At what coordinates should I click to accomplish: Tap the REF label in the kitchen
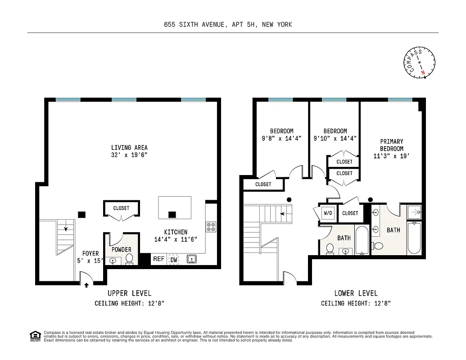(158, 259)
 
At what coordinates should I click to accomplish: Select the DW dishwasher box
(174, 260)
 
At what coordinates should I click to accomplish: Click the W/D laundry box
(327, 213)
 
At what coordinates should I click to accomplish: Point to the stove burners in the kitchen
(211, 226)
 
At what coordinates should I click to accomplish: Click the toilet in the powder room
(129, 258)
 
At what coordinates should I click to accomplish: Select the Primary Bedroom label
(391, 145)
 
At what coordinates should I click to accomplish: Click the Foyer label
(90, 254)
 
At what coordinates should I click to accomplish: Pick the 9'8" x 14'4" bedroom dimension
(281, 139)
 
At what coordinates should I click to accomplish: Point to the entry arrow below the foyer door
(86, 285)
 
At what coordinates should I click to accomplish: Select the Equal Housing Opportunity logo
(34, 335)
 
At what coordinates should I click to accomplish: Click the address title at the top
(228, 25)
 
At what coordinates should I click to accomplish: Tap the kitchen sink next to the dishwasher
(191, 259)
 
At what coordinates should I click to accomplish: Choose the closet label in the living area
(121, 208)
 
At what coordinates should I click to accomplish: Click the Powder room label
(121, 250)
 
